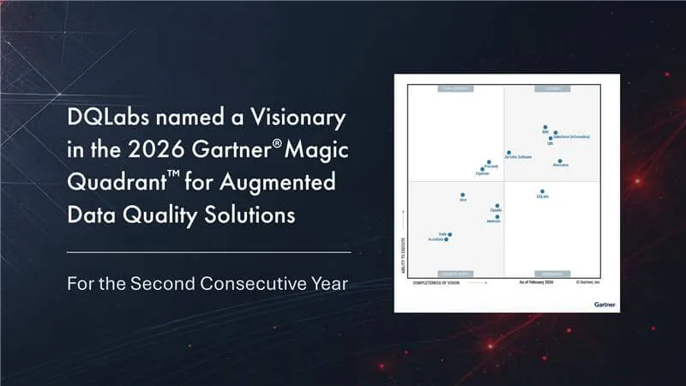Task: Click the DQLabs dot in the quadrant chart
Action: click(543, 192)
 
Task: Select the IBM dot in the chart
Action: click(545, 128)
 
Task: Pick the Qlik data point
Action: click(550, 138)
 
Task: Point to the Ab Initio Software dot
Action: click(508, 153)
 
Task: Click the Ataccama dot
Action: click(559, 160)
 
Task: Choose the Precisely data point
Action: click(488, 162)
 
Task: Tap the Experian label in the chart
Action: click(483, 174)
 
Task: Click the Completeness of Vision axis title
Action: click(443, 281)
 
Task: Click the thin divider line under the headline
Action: click(208, 252)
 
